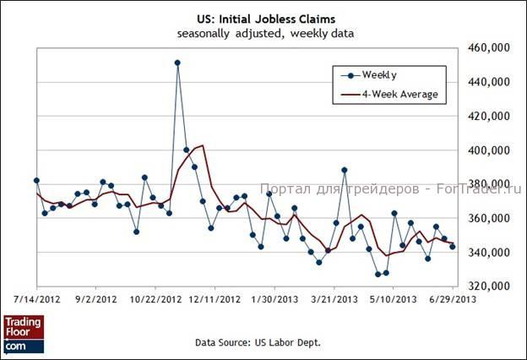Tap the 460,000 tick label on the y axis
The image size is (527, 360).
coord(490,48)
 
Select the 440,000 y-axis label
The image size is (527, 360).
coord(490,82)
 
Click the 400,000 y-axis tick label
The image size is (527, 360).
coord(490,150)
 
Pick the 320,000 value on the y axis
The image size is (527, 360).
coord(490,286)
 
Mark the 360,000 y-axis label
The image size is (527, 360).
coord(490,219)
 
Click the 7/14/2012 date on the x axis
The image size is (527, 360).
coord(37,298)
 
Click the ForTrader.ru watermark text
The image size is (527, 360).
coord(392,189)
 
